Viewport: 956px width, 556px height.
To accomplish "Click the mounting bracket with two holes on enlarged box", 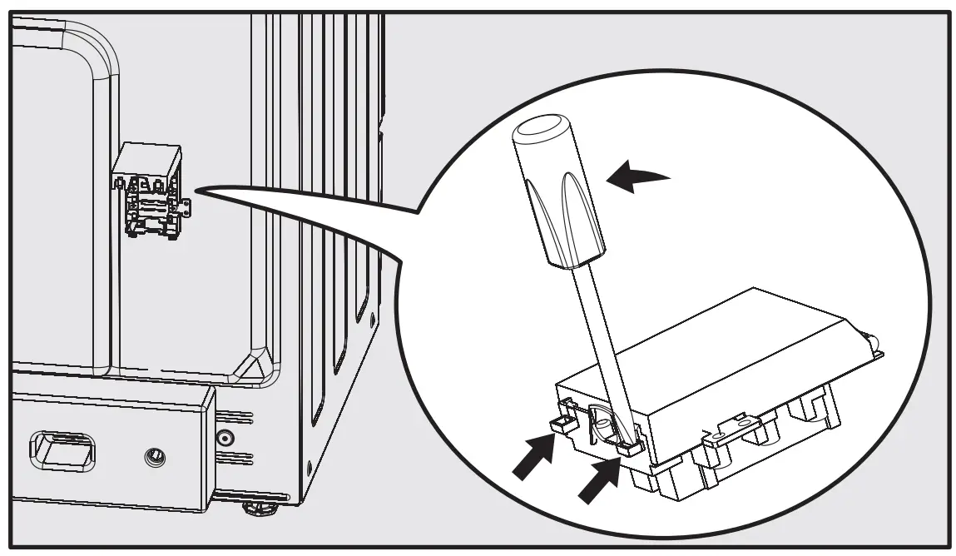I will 725,433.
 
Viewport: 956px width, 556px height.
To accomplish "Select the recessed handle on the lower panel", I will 62,450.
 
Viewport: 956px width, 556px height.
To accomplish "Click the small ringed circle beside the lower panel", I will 222,437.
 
